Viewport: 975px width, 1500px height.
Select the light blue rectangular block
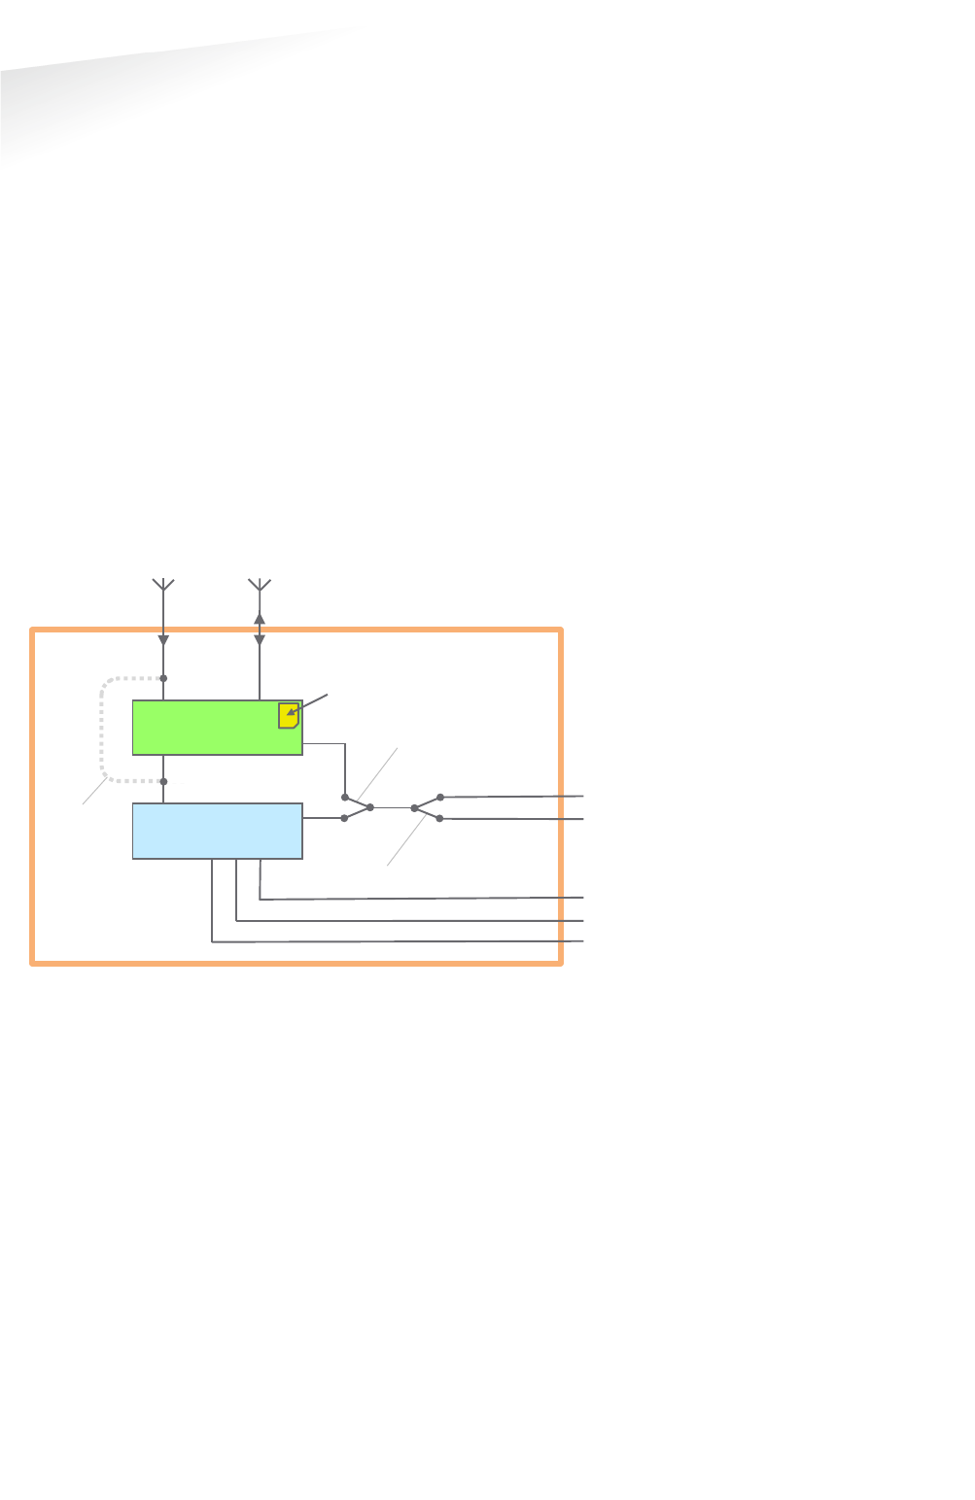(x=217, y=831)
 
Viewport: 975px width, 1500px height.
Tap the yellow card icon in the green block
(x=288, y=715)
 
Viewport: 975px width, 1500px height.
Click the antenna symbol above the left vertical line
(x=163, y=585)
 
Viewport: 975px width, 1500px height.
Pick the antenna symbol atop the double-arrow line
(x=260, y=585)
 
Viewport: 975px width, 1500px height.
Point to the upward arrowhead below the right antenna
(x=260, y=618)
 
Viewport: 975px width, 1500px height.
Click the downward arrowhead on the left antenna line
(x=163, y=639)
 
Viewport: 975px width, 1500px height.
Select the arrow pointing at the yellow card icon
(x=309, y=704)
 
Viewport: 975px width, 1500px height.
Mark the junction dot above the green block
(x=163, y=678)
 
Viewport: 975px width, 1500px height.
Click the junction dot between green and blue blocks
(x=163, y=781)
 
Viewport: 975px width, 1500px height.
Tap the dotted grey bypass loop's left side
(x=102, y=729)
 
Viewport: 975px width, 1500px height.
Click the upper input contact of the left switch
(x=345, y=797)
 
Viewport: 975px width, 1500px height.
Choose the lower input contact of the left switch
(x=344, y=818)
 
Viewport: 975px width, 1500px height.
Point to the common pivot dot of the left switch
(x=370, y=807)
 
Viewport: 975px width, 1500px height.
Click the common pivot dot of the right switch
(x=414, y=807)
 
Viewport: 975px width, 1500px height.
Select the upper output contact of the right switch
(x=440, y=797)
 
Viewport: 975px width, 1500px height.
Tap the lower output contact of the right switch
(x=439, y=819)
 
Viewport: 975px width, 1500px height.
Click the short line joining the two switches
(x=392, y=807)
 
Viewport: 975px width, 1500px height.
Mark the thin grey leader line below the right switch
(x=406, y=841)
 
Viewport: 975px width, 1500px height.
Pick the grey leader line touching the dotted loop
(x=94, y=791)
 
